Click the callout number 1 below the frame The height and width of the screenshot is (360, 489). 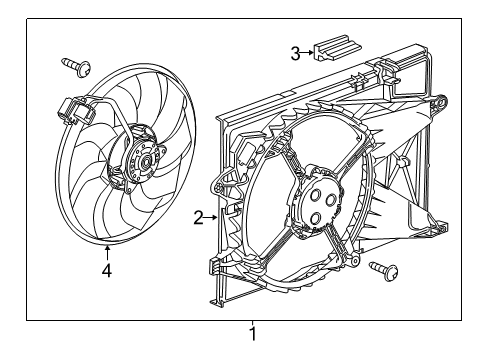click(x=253, y=333)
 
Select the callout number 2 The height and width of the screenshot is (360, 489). click(x=198, y=217)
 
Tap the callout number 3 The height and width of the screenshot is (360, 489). click(x=296, y=53)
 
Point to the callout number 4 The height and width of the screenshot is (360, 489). click(x=107, y=267)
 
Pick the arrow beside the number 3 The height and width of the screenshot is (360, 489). click(x=309, y=53)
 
